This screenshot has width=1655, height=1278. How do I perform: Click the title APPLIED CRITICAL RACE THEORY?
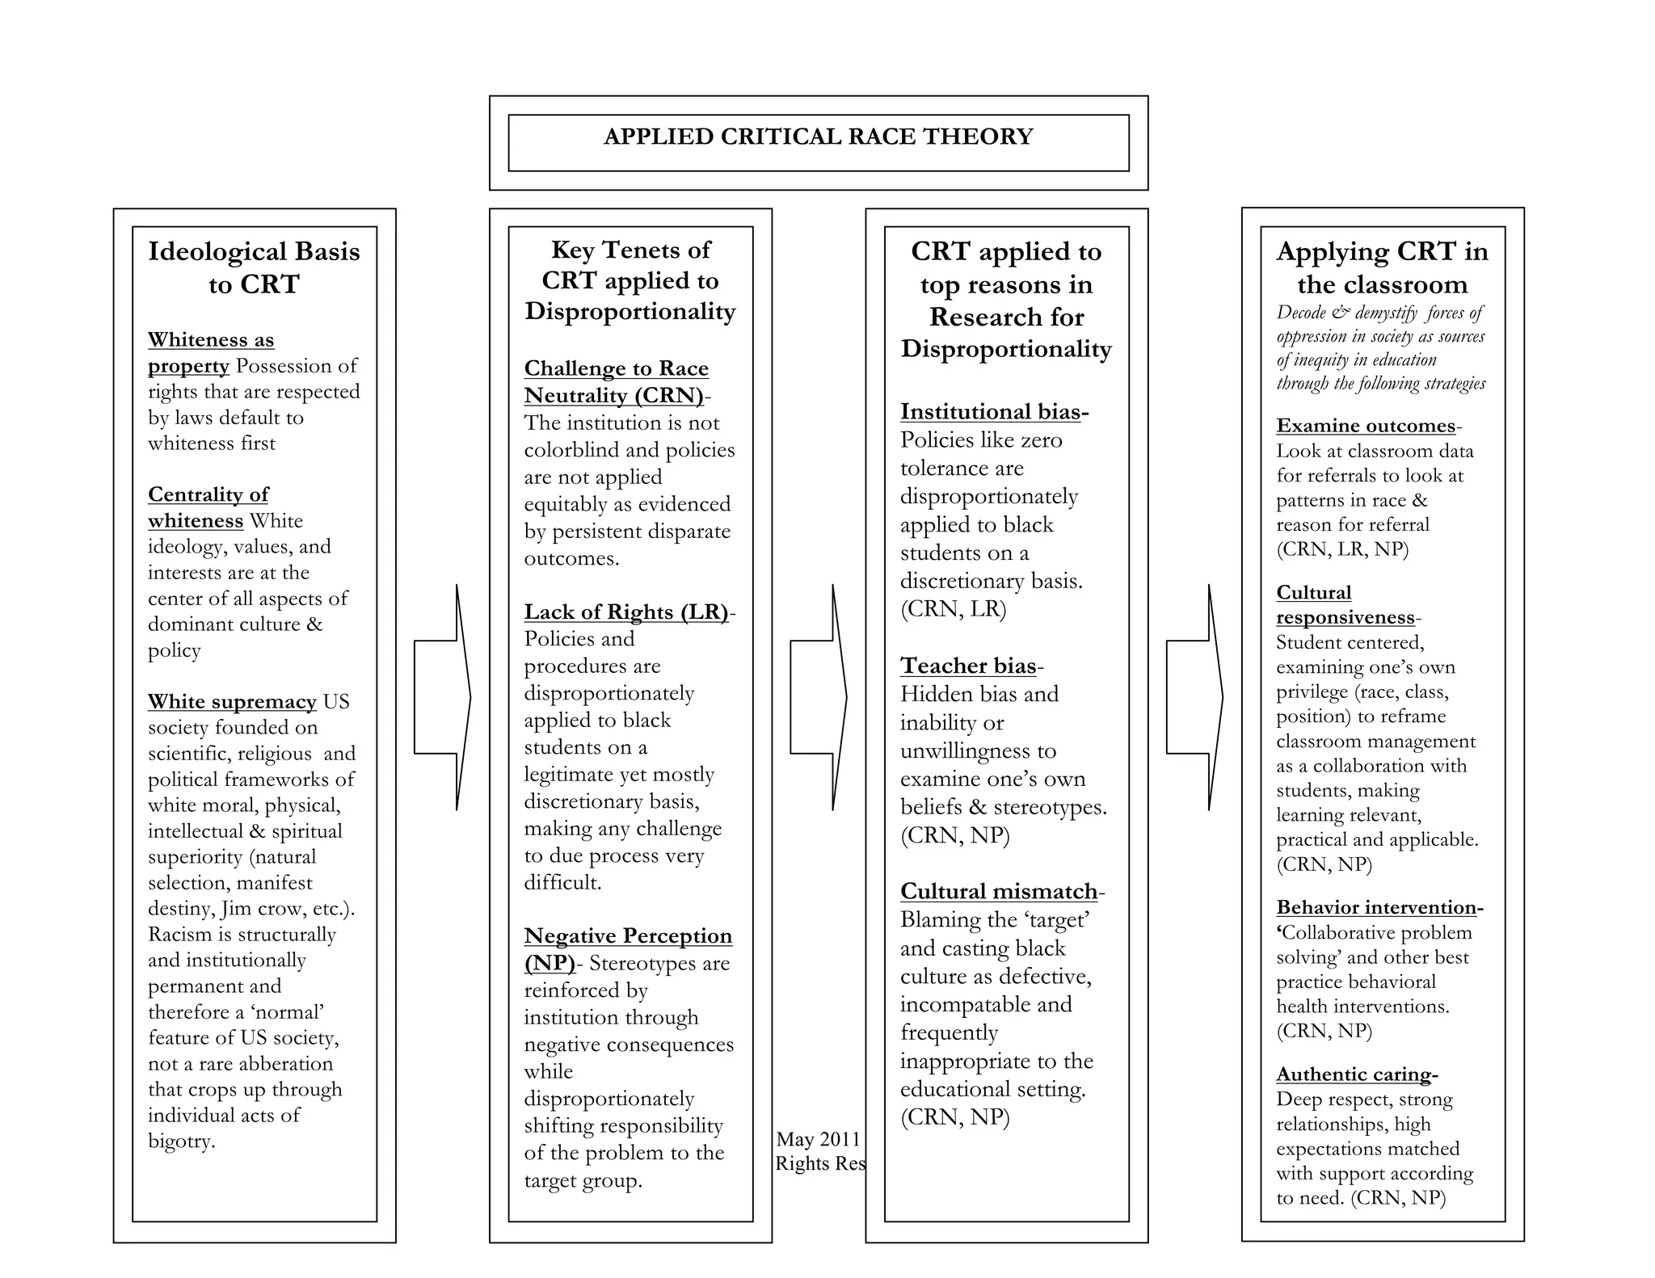(x=818, y=137)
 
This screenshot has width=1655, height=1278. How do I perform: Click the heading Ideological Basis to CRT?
(x=254, y=267)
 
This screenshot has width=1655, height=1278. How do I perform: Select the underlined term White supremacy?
(x=232, y=701)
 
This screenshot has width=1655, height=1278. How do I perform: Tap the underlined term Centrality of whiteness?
(x=208, y=507)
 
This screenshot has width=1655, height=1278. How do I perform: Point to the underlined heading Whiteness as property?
(x=211, y=352)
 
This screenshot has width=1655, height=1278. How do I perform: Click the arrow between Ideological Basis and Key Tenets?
(x=442, y=697)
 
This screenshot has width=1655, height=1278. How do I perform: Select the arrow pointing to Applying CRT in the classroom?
(x=1194, y=697)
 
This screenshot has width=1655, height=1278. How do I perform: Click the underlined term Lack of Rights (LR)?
(x=626, y=612)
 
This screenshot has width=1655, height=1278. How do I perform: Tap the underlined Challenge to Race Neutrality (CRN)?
(x=616, y=381)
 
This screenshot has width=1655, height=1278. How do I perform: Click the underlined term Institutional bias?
(x=991, y=412)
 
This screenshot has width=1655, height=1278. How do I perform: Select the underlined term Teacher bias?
(x=968, y=666)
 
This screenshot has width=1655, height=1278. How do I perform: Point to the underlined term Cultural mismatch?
(x=999, y=891)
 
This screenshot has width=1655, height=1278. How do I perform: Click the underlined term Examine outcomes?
(x=1366, y=426)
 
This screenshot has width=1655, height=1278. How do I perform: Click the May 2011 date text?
(x=818, y=1139)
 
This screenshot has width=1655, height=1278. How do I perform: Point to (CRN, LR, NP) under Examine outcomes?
(x=1342, y=549)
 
